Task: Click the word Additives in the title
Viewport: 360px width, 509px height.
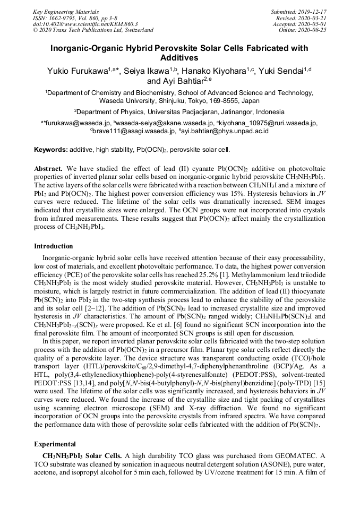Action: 180,58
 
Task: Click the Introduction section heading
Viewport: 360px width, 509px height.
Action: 54,246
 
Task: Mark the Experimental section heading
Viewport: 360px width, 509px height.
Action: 55,443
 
